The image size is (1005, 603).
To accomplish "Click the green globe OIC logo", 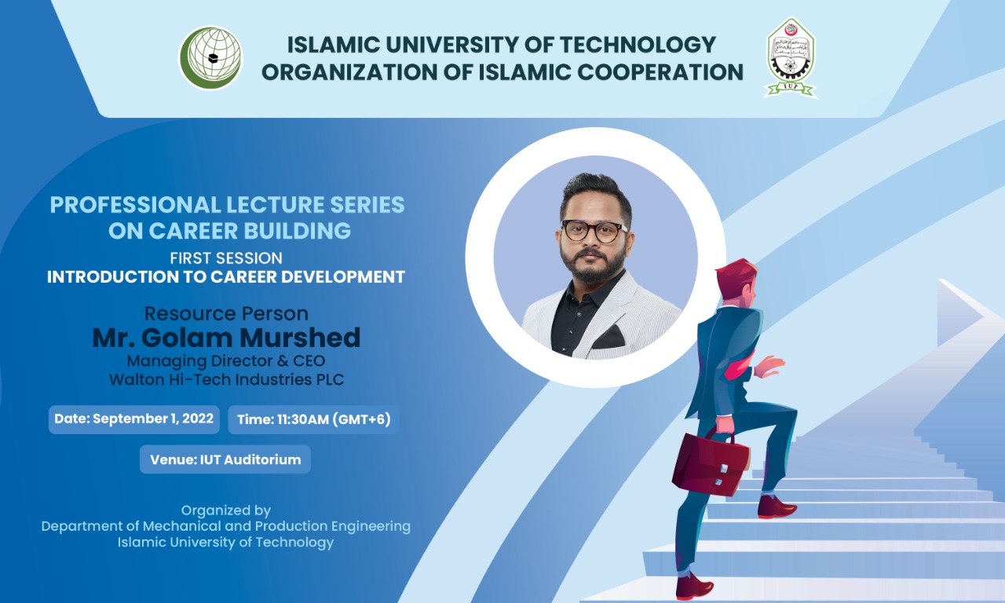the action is click(211, 58).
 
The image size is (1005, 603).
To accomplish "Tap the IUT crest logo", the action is click(791, 58).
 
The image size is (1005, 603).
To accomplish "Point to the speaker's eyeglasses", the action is click(594, 231).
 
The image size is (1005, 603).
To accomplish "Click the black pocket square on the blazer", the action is click(608, 338).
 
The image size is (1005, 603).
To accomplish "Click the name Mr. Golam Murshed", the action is click(226, 338).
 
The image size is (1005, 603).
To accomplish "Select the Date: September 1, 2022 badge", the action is click(133, 419).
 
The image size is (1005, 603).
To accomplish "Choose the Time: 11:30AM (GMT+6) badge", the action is click(313, 419).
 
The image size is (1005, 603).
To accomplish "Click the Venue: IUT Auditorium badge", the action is click(225, 459).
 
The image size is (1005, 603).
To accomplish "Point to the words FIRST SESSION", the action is click(226, 258).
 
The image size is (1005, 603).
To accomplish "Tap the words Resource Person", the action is click(226, 313).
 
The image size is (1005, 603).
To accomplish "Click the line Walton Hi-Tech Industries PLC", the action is click(226, 379).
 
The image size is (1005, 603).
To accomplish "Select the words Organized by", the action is click(225, 511).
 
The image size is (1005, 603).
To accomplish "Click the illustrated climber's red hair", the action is click(735, 275).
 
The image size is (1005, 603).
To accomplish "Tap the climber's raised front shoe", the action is click(777, 507).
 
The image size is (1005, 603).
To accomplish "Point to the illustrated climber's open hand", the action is click(768, 366).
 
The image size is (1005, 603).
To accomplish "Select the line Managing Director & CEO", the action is click(226, 360).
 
